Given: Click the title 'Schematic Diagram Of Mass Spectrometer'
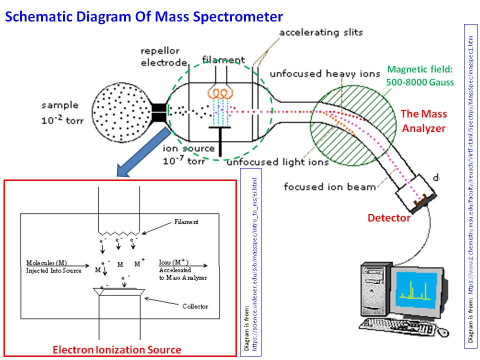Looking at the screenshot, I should click(144, 16).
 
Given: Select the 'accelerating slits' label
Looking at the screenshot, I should click(320, 33).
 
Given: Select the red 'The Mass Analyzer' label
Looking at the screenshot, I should click(423, 121).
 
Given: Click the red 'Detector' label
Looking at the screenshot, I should click(389, 218).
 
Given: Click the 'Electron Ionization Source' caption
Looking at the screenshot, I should click(117, 349).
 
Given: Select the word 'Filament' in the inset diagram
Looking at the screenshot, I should click(186, 221).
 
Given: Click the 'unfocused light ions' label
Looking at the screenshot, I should click(277, 162).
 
